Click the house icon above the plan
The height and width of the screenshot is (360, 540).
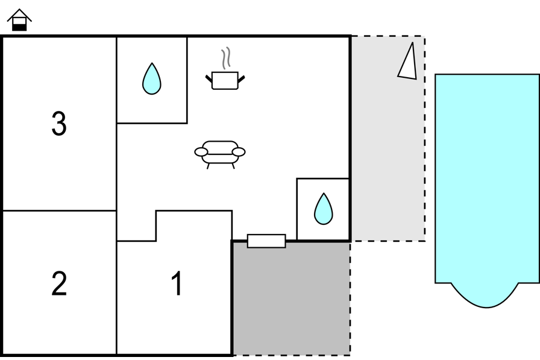(x=19, y=20)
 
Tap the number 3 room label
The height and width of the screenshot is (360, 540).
(x=59, y=124)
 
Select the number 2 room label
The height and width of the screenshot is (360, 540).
(x=59, y=283)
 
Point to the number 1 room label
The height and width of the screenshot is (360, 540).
(x=177, y=283)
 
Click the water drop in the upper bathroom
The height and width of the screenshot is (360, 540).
(x=151, y=78)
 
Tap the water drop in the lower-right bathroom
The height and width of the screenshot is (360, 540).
(x=324, y=209)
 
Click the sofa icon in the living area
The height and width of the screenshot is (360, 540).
(x=220, y=154)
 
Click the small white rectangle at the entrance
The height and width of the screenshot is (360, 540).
(x=266, y=241)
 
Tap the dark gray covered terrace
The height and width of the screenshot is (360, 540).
(x=291, y=298)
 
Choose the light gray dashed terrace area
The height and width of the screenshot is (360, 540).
(x=388, y=139)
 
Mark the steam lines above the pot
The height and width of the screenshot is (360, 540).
(x=225, y=58)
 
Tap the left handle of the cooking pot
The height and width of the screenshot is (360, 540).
(x=209, y=79)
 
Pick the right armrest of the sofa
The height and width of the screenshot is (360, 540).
(x=239, y=151)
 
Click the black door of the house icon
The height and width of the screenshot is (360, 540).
(x=19, y=27)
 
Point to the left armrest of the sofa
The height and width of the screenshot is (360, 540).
(x=201, y=151)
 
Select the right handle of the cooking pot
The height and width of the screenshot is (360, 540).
(x=241, y=79)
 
